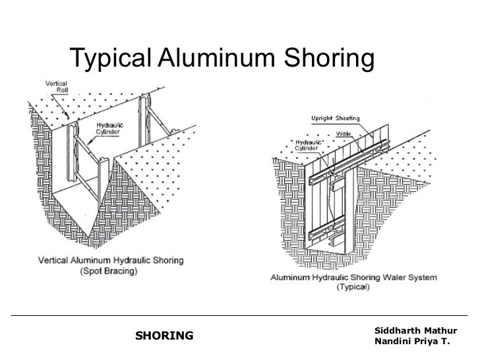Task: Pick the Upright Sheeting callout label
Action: [x=336, y=119]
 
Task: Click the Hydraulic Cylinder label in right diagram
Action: [x=307, y=145]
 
